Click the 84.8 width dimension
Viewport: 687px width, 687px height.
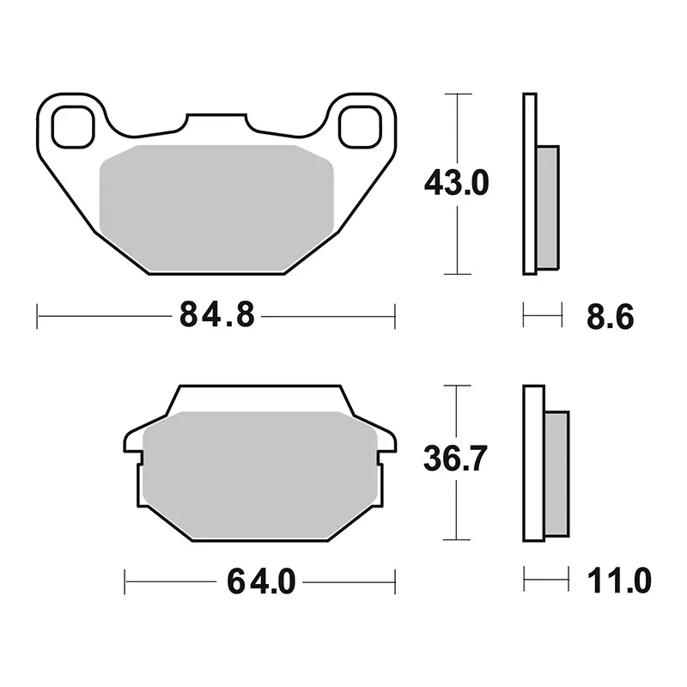[217, 314]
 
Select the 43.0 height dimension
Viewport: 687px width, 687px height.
[457, 183]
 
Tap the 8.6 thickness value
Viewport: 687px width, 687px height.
[611, 316]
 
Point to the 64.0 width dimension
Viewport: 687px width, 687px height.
[261, 581]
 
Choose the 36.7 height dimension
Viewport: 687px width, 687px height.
[455, 459]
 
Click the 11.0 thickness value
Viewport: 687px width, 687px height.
[619, 581]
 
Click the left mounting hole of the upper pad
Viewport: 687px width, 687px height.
[73, 126]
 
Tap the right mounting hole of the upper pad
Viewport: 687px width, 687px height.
[360, 126]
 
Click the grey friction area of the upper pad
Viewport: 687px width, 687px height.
[216, 208]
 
